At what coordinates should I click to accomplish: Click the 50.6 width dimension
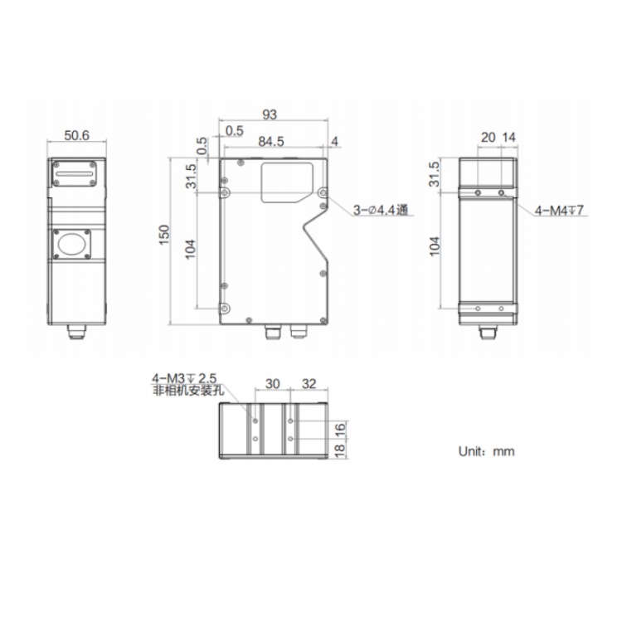(77, 136)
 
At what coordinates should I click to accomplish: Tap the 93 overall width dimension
(270, 114)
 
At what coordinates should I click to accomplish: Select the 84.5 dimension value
(271, 142)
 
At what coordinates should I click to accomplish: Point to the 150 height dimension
(164, 235)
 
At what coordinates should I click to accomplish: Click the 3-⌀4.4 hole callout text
(381, 210)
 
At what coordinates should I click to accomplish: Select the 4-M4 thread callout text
(560, 210)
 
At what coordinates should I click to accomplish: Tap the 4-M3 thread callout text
(184, 378)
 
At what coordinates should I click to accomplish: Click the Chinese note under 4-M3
(188, 391)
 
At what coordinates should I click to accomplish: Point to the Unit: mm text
(486, 451)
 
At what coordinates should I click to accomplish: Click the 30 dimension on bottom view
(273, 384)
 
